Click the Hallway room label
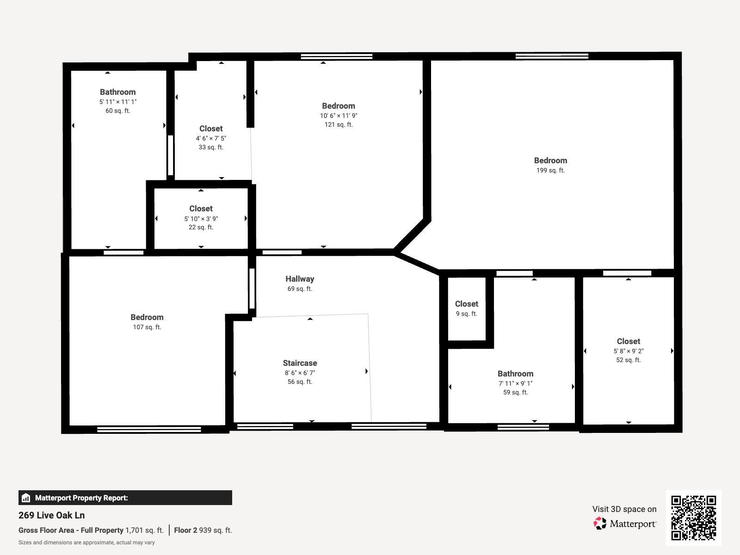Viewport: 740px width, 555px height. [x=300, y=279]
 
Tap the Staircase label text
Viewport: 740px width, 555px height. [x=300, y=363]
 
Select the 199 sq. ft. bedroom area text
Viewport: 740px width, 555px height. [x=550, y=170]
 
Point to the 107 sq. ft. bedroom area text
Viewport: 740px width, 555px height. [x=147, y=327]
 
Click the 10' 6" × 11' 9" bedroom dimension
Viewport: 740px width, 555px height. [x=339, y=116]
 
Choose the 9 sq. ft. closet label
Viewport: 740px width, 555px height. [x=466, y=304]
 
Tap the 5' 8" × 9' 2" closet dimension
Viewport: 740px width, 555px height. [x=628, y=351]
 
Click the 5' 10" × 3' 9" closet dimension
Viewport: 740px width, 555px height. [x=201, y=219]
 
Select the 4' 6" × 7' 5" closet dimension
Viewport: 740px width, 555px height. [x=211, y=138]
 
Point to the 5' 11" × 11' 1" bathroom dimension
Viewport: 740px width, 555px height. [x=117, y=102]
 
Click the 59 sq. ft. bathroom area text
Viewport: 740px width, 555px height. [x=515, y=392]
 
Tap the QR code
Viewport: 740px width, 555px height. [x=693, y=518]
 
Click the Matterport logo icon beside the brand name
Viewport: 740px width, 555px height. [x=600, y=524]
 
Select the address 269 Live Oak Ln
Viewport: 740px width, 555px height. [x=51, y=515]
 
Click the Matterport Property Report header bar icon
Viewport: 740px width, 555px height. [x=26, y=498]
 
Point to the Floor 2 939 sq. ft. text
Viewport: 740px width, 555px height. [x=203, y=530]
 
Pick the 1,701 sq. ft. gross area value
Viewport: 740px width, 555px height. [x=144, y=530]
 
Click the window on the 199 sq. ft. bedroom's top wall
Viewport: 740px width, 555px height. [x=552, y=56]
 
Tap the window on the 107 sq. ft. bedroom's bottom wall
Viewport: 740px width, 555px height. [x=149, y=429]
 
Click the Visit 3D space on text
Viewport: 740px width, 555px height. [x=624, y=509]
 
